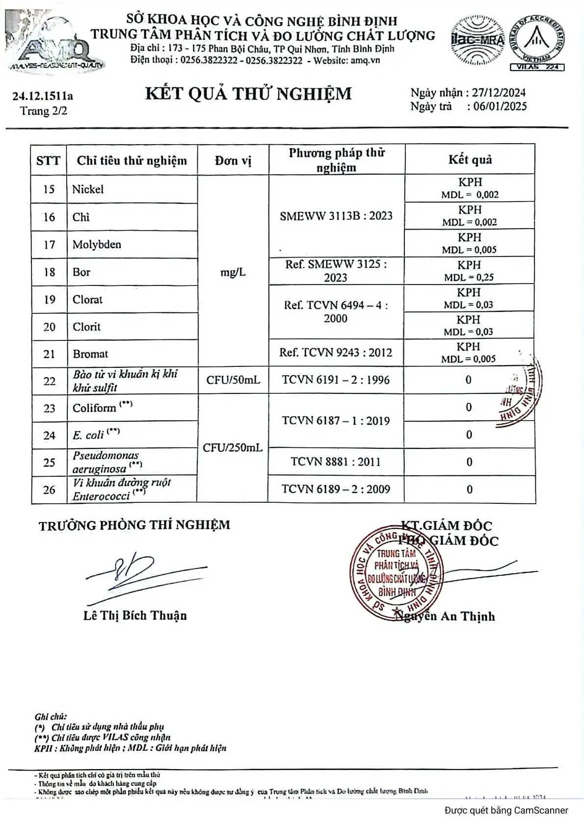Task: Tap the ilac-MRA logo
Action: point(477,40)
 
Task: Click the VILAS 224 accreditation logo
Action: point(537,43)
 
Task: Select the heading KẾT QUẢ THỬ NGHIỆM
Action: point(248,93)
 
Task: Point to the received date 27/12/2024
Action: point(496,93)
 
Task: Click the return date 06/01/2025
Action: point(497,106)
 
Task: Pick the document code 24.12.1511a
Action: point(43,96)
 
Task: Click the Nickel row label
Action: point(88,189)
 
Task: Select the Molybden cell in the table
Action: point(97,244)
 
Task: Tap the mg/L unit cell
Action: point(233,272)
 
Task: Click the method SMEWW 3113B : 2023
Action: point(336,216)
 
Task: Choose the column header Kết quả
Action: point(470,159)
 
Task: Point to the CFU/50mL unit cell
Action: point(233,380)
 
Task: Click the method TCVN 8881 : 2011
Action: point(336,462)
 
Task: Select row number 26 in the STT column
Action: point(49,490)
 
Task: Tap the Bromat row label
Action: point(90,354)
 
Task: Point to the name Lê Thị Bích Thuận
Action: point(135,616)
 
